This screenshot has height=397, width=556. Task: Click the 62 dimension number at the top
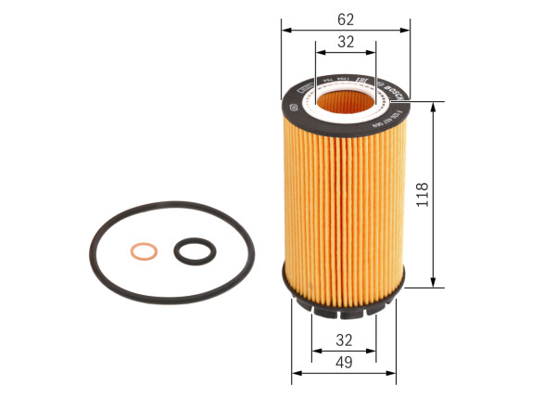(346, 19)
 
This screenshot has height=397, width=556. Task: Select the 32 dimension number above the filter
(346, 42)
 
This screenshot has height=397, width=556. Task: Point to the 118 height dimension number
(423, 195)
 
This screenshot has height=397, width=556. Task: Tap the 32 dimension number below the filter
(345, 339)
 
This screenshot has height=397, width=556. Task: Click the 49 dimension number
(345, 363)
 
